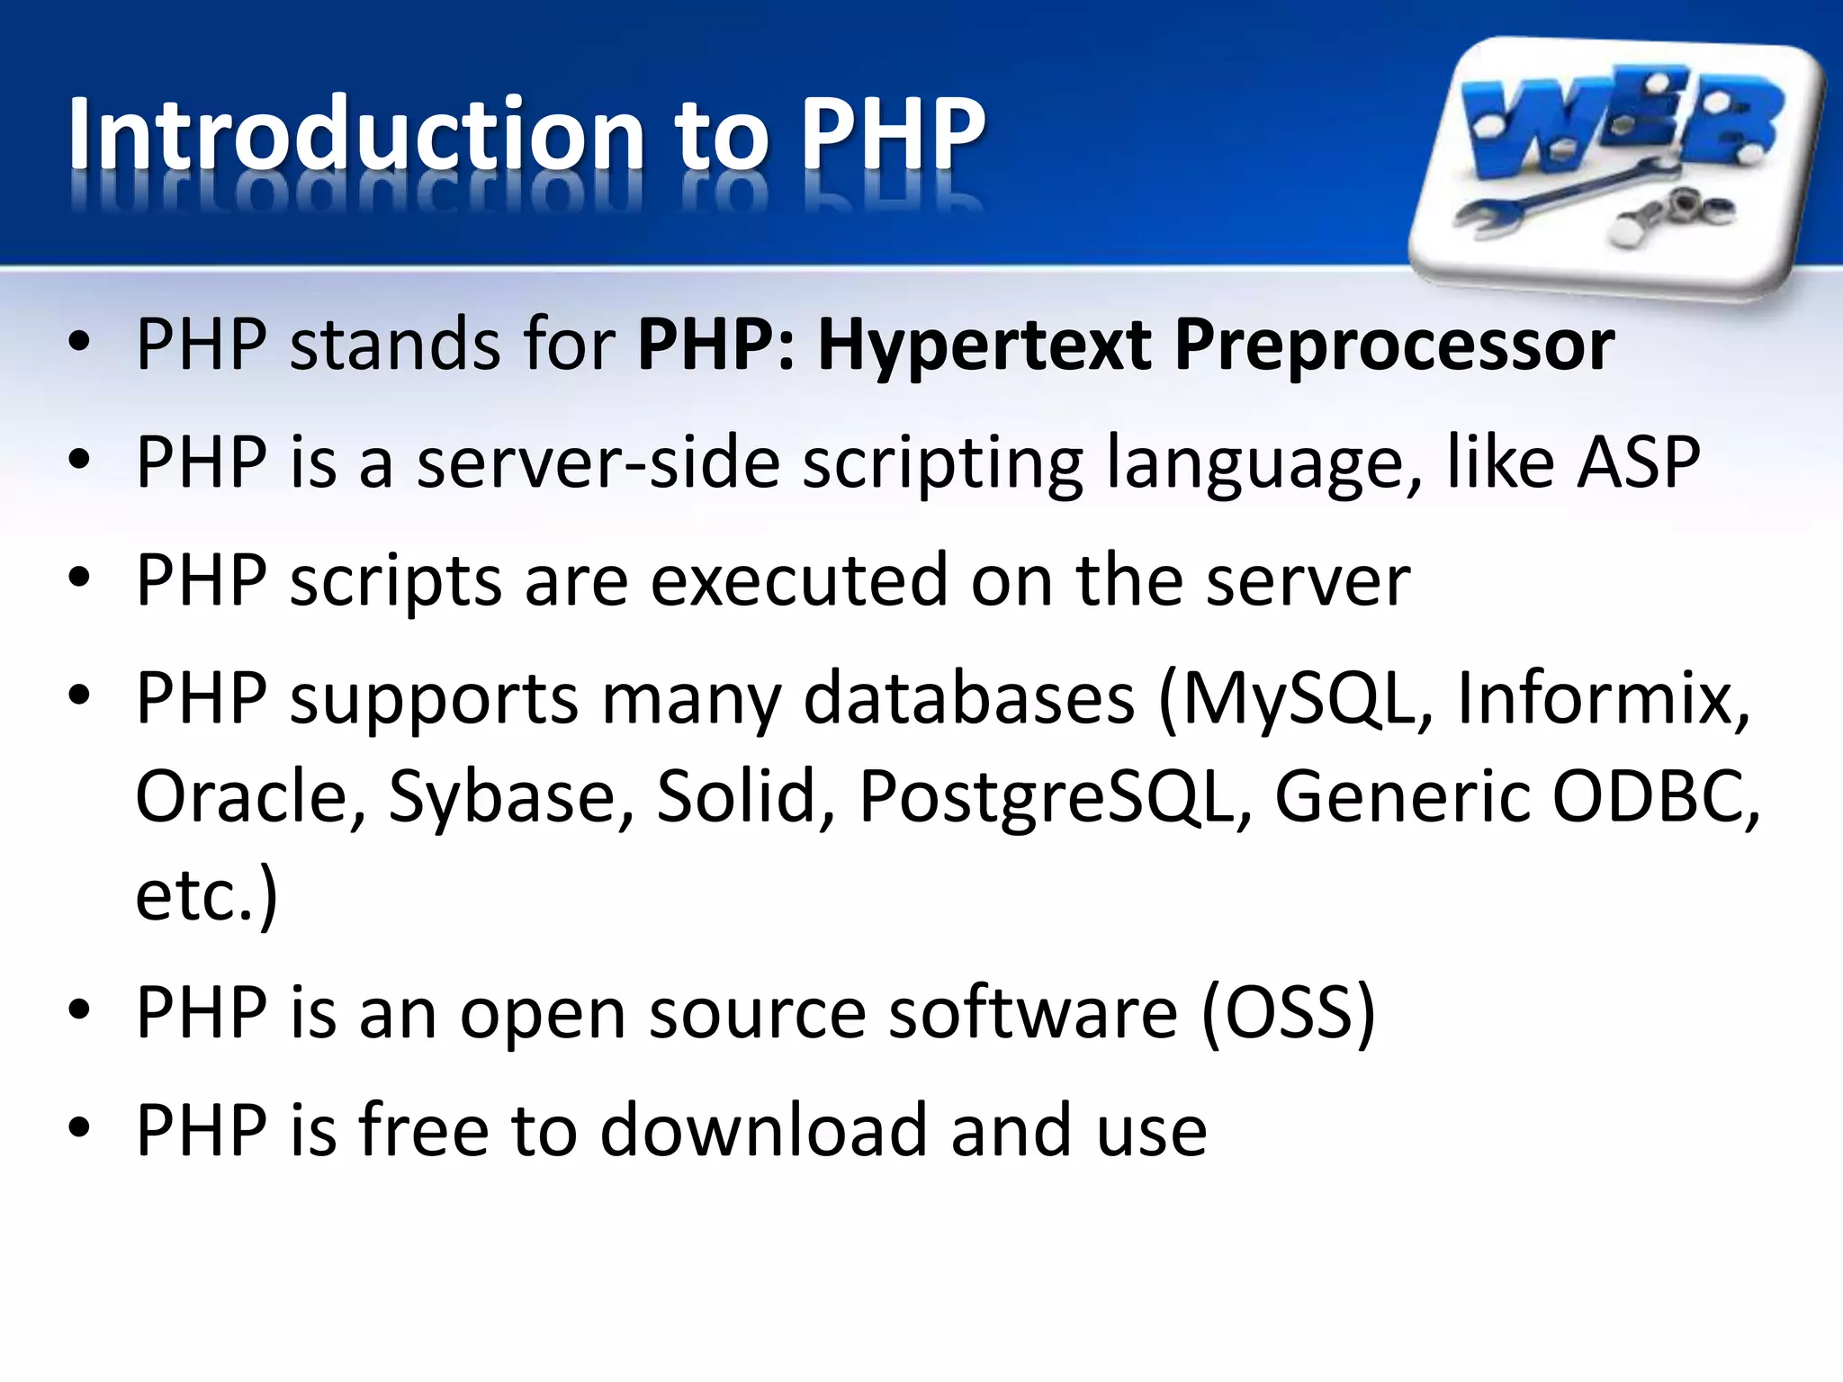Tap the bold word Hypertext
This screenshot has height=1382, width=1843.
pos(984,345)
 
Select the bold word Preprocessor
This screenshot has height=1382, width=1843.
pos(1394,345)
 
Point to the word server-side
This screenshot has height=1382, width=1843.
pos(598,462)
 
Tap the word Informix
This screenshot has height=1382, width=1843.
pos(1603,699)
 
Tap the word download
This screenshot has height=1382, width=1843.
pos(763,1131)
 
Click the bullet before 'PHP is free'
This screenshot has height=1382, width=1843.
pos(79,1128)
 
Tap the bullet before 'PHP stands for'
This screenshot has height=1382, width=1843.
pos(79,343)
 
